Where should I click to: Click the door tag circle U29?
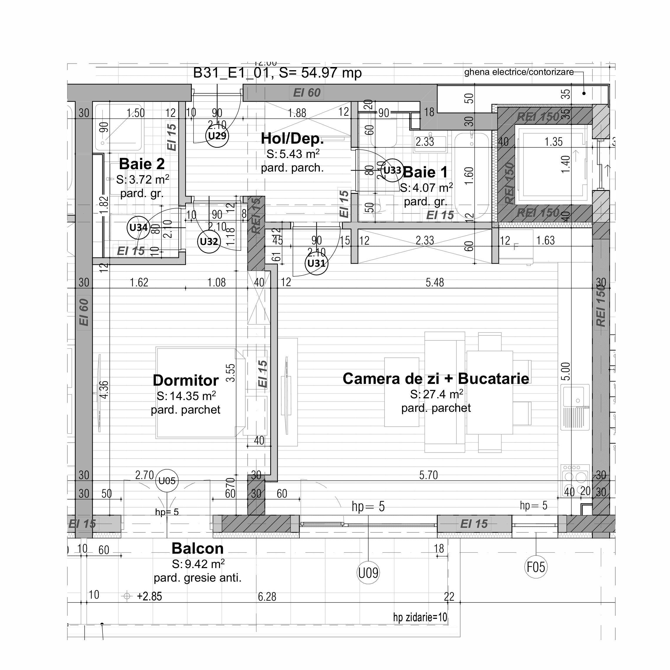(x=217, y=136)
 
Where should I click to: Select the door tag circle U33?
(x=392, y=170)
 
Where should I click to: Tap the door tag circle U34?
(x=138, y=228)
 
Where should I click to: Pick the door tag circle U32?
(x=209, y=241)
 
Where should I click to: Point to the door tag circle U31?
(x=316, y=263)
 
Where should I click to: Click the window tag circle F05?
(x=536, y=567)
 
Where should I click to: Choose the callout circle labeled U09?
(x=368, y=573)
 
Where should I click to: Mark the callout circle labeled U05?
(x=167, y=481)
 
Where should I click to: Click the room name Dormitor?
(x=186, y=380)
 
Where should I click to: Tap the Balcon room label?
(x=197, y=549)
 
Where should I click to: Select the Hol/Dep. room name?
(x=292, y=138)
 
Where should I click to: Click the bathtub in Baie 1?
(x=472, y=175)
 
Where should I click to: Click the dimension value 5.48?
(x=434, y=283)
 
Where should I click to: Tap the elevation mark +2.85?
(x=149, y=596)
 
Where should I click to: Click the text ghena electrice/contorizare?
(x=519, y=72)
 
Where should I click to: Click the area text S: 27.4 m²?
(x=436, y=394)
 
